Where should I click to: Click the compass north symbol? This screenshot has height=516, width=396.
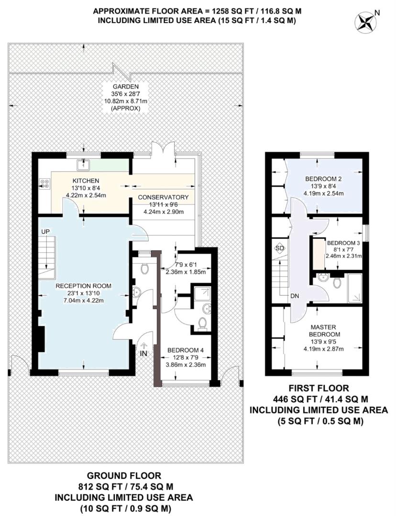tap(366, 21)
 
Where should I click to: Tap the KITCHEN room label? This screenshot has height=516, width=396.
tap(86, 181)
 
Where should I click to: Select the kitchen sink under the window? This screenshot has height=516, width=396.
tap(82, 165)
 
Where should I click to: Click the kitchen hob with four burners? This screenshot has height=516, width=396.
tap(46, 183)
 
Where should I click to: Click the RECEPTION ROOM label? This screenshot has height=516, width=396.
tap(83, 286)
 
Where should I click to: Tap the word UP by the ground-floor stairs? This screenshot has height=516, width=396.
tap(46, 231)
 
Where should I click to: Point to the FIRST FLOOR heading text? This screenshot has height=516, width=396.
tap(319, 388)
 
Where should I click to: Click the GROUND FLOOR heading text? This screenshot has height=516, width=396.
tap(124, 476)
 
